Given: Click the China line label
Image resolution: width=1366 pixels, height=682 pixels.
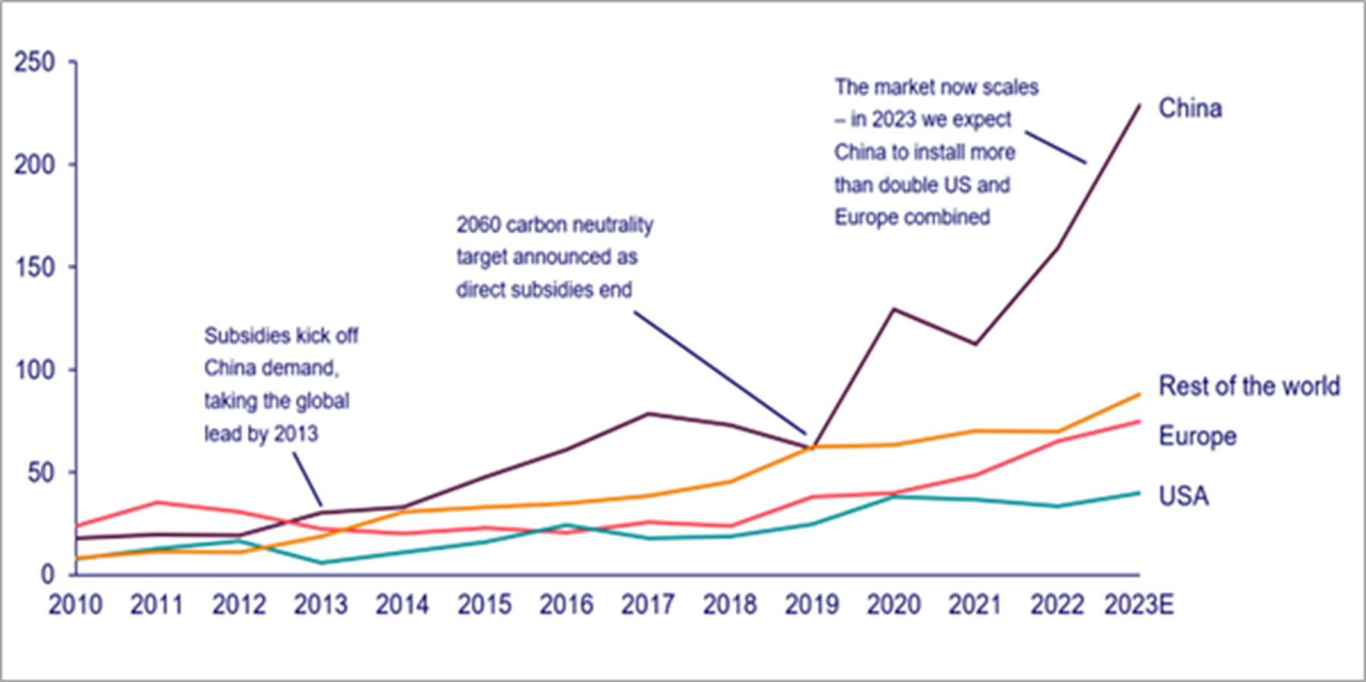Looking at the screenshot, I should pyautogui.click(x=1190, y=109).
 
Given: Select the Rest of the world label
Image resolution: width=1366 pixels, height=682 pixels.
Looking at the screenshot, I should pyautogui.click(x=1248, y=386).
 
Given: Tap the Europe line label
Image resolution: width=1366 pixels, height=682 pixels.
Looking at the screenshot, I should pyautogui.click(x=1197, y=436).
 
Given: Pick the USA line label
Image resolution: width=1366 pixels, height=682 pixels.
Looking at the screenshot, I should pyautogui.click(x=1183, y=496).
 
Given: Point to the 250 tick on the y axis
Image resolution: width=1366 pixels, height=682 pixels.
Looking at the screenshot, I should pyautogui.click(x=35, y=62).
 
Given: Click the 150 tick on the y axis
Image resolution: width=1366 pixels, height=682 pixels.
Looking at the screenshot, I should pyautogui.click(x=35, y=267).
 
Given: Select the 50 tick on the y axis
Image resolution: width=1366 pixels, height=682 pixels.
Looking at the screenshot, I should pyautogui.click(x=41, y=472).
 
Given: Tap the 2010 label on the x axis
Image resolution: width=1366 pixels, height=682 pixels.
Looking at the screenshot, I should pyautogui.click(x=75, y=605).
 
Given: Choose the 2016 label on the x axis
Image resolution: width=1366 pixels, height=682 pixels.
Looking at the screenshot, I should pyautogui.click(x=566, y=605).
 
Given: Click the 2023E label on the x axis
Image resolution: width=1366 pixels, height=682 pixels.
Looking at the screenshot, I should pyautogui.click(x=1138, y=605).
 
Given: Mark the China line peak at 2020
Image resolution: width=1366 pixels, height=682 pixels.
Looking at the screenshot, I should pyautogui.click(x=894, y=309).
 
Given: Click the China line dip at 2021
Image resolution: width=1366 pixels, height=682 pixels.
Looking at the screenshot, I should pyautogui.click(x=975, y=344).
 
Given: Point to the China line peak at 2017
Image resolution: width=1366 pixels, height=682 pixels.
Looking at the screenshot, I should pyautogui.click(x=649, y=413).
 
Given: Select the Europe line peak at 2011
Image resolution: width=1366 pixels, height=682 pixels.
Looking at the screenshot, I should pyautogui.click(x=157, y=502).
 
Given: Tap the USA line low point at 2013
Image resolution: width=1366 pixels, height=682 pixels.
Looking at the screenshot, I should pyautogui.click(x=321, y=563).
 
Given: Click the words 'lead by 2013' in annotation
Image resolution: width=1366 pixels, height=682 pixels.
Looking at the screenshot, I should pyautogui.click(x=261, y=434).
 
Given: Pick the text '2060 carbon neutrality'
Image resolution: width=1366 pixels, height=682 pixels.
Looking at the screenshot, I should pyautogui.click(x=554, y=225).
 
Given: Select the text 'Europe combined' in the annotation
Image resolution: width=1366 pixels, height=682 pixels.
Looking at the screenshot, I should pyautogui.click(x=912, y=217).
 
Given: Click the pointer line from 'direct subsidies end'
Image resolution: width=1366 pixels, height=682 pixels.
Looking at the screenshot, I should pyautogui.click(x=721, y=372).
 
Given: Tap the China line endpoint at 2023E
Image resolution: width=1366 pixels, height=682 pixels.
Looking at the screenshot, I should pyautogui.click(x=1139, y=105).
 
